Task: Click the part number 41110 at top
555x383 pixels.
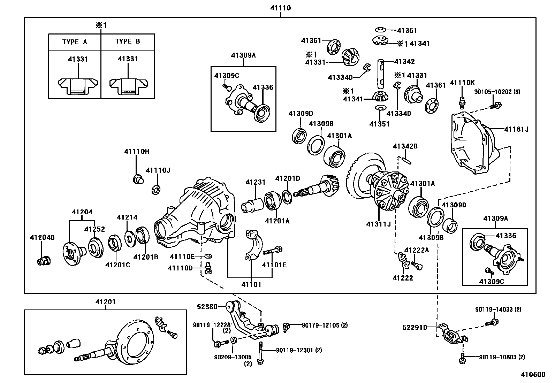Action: tap(280, 8)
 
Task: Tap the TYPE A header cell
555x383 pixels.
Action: tap(75, 42)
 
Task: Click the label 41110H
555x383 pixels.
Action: tap(136, 151)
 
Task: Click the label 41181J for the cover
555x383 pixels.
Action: tap(516, 129)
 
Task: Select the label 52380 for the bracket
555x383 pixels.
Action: tap(207, 307)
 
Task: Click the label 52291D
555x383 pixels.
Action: tap(415, 327)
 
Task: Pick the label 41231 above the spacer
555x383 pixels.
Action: tap(255, 182)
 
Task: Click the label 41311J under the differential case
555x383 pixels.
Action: tap(379, 224)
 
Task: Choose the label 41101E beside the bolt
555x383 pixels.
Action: tap(274, 265)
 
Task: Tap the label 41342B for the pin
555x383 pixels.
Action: tap(405, 146)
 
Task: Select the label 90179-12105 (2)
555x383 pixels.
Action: tap(325, 325)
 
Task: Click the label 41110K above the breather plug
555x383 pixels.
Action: tap(462, 83)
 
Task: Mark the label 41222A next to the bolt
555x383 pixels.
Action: tap(417, 250)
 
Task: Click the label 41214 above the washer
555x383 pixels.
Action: tap(127, 217)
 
